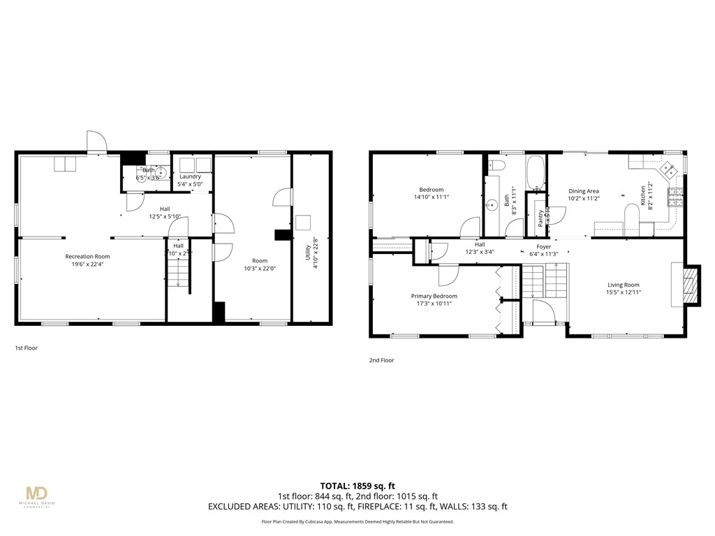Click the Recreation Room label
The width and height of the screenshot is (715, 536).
click(x=88, y=257)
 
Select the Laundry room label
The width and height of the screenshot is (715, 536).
click(x=190, y=177)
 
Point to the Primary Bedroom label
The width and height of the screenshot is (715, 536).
click(x=434, y=296)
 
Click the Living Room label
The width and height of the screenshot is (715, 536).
click(x=623, y=285)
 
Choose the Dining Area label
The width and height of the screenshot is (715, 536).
click(x=584, y=191)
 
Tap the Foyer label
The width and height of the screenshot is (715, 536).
click(x=543, y=246)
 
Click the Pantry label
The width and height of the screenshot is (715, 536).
click(x=540, y=218)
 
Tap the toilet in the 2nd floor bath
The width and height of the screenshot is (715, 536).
click(x=496, y=165)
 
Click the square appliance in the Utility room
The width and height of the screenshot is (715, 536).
click(x=304, y=223)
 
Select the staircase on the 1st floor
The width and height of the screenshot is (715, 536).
click(x=177, y=272)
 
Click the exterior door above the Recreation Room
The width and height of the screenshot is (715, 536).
click(x=95, y=142)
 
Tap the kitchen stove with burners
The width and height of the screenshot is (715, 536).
click(x=675, y=198)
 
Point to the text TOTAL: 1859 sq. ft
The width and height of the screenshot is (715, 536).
click(x=357, y=486)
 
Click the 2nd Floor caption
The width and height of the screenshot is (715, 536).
click(x=381, y=360)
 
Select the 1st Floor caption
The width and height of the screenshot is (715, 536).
click(x=26, y=347)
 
